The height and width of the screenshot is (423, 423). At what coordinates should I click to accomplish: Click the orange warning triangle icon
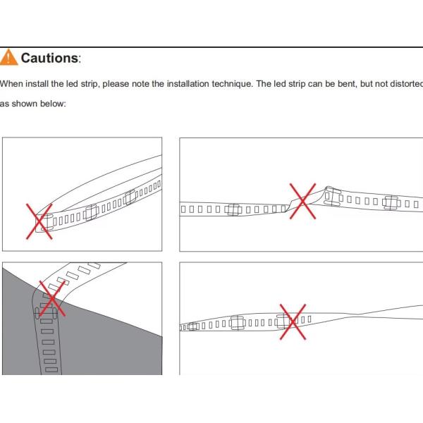tap(9, 57)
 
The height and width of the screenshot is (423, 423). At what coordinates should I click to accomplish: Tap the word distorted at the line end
tap(405, 84)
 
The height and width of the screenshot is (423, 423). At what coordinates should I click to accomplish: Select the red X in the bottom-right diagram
tap(293, 321)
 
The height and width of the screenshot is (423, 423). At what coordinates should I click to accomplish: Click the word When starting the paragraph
tap(11, 84)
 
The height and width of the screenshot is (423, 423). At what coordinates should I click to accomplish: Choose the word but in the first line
tap(357, 84)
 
